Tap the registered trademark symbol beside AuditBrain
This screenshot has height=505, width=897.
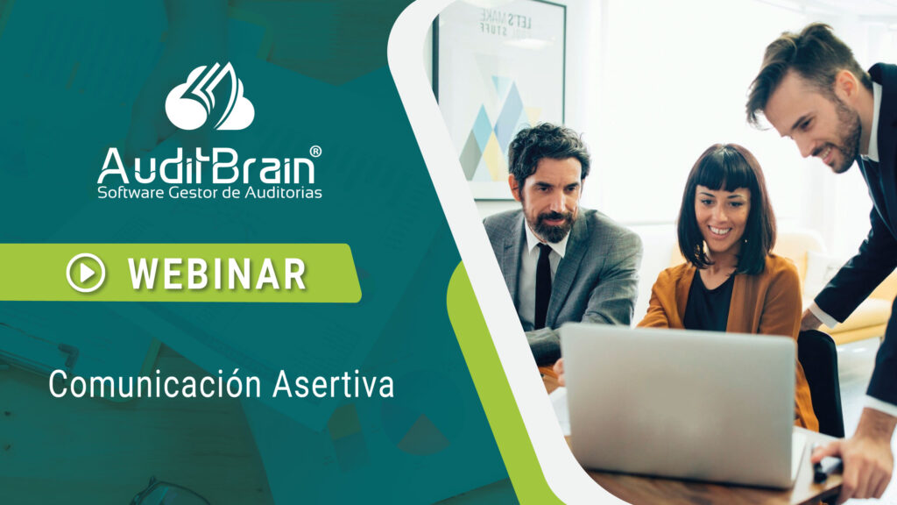(x=315, y=151)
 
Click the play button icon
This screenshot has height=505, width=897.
(x=86, y=273)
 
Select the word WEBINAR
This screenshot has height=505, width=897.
(x=217, y=274)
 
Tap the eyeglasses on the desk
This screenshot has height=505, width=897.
(x=166, y=491)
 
